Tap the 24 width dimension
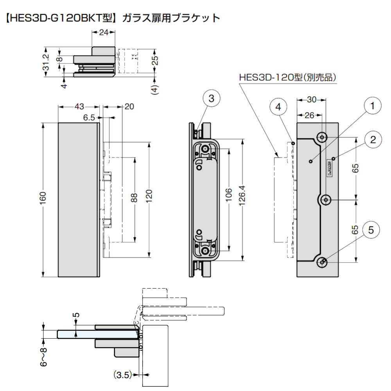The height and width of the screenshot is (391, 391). tap(104, 33)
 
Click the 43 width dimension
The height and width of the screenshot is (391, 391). tap(79, 106)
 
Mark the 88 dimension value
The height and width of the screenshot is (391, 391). tap(134, 199)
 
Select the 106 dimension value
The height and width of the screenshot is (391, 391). tap(229, 194)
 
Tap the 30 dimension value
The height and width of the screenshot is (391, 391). tap(311, 100)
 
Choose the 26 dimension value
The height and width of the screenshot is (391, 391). tap(309, 115)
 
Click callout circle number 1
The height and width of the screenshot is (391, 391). tap(372, 106)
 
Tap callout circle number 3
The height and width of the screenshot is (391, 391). tap(211, 99)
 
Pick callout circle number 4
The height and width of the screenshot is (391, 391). tap(278, 108)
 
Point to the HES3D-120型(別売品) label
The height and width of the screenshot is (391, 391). tap(288, 78)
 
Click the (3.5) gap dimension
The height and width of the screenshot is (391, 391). tap(122, 375)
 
